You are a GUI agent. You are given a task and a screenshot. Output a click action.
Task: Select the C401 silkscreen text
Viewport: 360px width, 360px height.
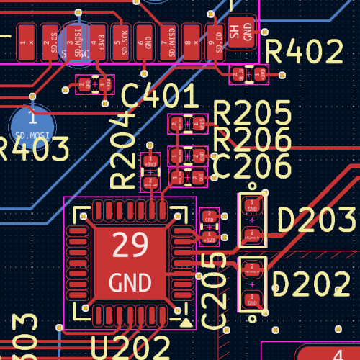click(159, 96)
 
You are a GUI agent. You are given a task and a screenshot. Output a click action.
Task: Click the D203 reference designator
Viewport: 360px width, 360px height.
click(316, 220)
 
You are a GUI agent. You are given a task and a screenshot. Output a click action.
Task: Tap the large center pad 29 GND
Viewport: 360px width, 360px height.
click(130, 263)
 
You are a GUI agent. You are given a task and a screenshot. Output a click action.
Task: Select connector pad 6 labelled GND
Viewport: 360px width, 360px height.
click(146, 42)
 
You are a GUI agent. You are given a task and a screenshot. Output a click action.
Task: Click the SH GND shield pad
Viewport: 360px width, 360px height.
click(242, 32)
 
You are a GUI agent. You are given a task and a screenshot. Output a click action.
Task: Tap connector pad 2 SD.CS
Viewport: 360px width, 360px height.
click(51, 42)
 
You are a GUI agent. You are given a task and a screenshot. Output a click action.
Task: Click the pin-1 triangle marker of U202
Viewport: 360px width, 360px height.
click(186, 323)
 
